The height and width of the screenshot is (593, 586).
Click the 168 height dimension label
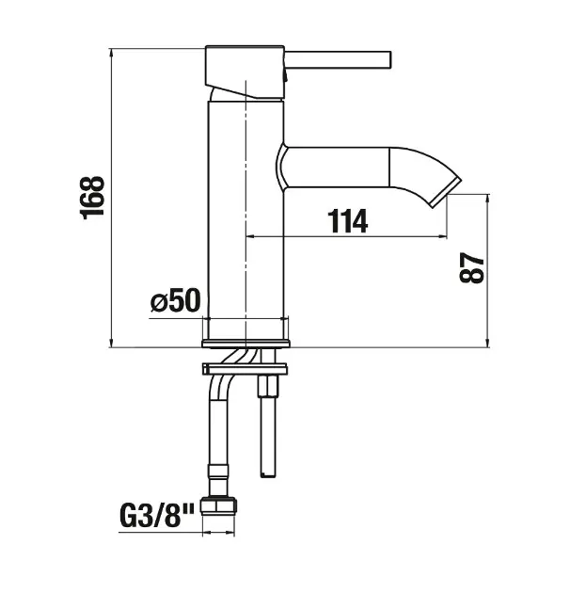pyautogui.click(x=92, y=198)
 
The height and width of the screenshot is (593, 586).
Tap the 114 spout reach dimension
pyautogui.click(x=348, y=221)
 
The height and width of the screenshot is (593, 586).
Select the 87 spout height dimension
pyautogui.click(x=472, y=267)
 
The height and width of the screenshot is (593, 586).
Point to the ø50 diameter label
pyautogui.click(x=176, y=300)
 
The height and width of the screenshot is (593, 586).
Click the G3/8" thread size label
pyautogui.click(x=157, y=516)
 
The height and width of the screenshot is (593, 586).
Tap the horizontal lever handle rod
pyautogui.click(x=338, y=59)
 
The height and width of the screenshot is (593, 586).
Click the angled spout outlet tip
pyautogui.click(x=447, y=192)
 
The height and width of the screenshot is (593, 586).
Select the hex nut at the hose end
pyautogui.click(x=219, y=506)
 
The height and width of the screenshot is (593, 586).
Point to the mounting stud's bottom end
pyautogui.click(x=268, y=474)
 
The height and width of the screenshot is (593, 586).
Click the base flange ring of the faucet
pyautogui.click(x=245, y=343)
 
